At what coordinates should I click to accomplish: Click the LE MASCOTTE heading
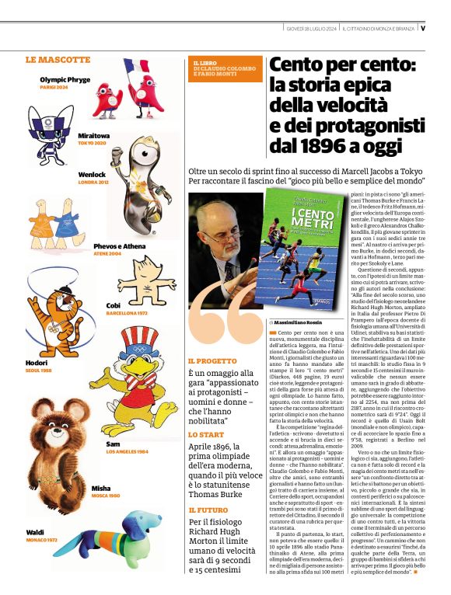click(x=58, y=59)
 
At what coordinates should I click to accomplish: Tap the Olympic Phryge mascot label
click(x=65, y=79)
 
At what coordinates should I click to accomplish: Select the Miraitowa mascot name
click(x=93, y=135)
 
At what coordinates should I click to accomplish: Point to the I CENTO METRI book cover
click(x=287, y=249)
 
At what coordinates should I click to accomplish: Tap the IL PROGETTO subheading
click(x=211, y=361)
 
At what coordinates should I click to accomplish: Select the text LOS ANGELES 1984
click(x=127, y=451)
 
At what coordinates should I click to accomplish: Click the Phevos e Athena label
click(x=119, y=246)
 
